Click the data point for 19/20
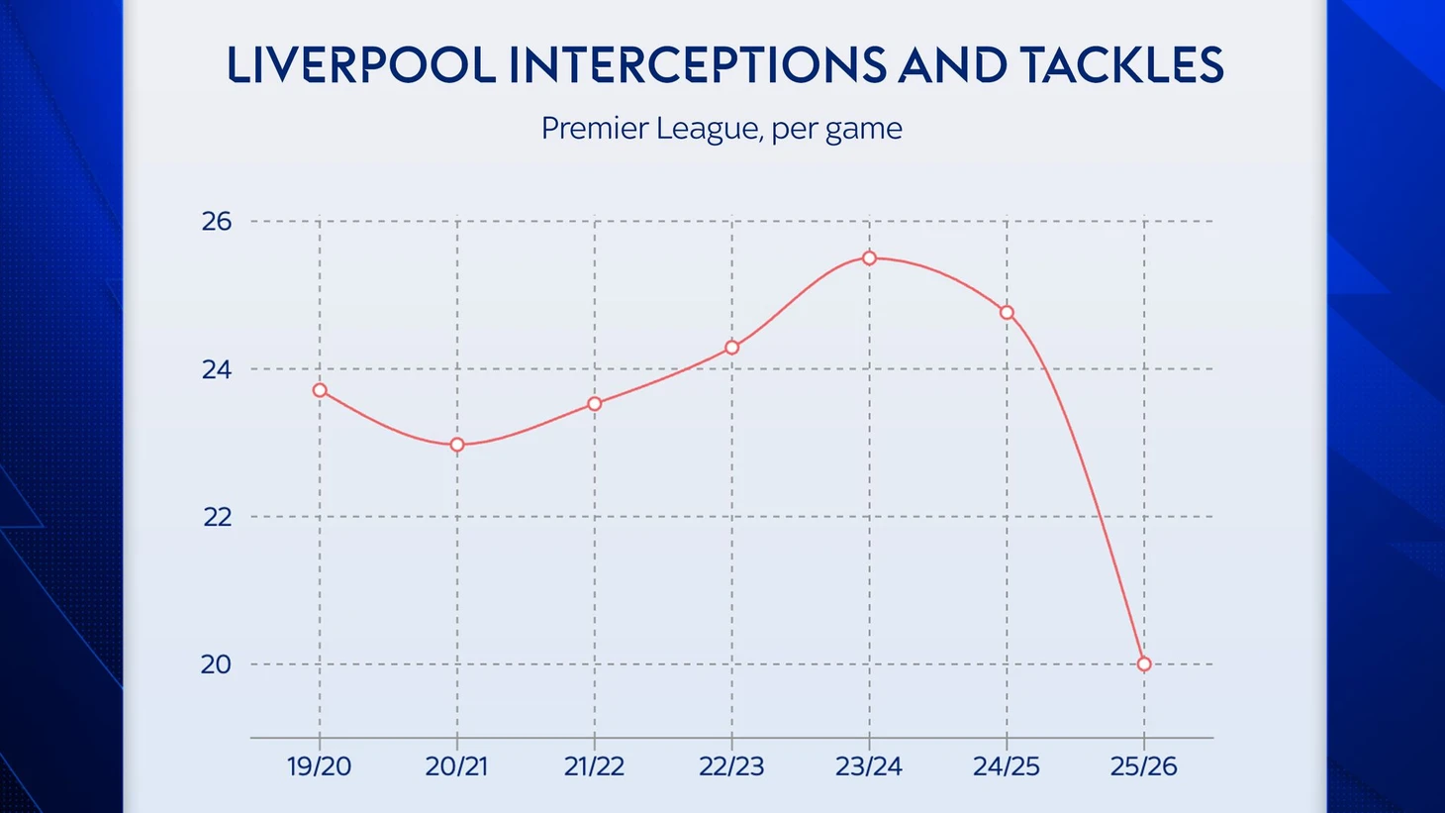(x=320, y=390)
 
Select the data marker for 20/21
(x=457, y=445)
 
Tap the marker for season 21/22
(x=595, y=404)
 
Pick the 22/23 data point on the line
(x=732, y=348)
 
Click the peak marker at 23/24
(x=869, y=258)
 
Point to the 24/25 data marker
(x=1007, y=313)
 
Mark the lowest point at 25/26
(x=1144, y=664)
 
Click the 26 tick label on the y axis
(x=217, y=221)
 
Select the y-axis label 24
(x=217, y=369)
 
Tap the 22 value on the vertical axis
(x=217, y=517)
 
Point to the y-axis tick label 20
(x=217, y=664)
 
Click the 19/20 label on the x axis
(x=320, y=766)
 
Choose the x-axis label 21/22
(x=595, y=766)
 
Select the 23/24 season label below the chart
(x=869, y=766)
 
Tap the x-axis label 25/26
(x=1144, y=766)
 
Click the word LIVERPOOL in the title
(x=360, y=65)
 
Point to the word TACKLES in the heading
(x=1122, y=65)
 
